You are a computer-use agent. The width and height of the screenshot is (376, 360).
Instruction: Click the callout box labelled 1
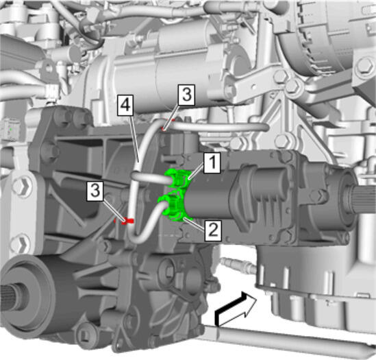click(212, 163)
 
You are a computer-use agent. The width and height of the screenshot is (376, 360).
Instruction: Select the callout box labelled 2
click(213, 231)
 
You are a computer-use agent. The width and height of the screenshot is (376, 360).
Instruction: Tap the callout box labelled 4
click(125, 106)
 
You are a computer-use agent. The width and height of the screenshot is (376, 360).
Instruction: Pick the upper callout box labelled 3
click(186, 95)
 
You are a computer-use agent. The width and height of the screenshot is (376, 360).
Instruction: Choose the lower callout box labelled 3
click(95, 191)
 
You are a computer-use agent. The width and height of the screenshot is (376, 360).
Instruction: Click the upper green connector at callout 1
click(179, 178)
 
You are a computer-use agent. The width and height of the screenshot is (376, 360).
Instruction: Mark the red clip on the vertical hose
click(127, 221)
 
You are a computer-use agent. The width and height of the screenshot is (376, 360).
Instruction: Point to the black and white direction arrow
click(234, 308)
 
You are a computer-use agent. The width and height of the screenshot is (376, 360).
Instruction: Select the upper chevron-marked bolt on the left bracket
click(23, 186)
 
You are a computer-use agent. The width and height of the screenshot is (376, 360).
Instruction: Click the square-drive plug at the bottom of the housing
click(85, 333)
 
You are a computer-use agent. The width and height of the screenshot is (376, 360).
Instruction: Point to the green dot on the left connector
click(10, 129)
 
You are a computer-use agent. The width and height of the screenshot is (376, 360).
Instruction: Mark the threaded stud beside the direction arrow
click(238, 264)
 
